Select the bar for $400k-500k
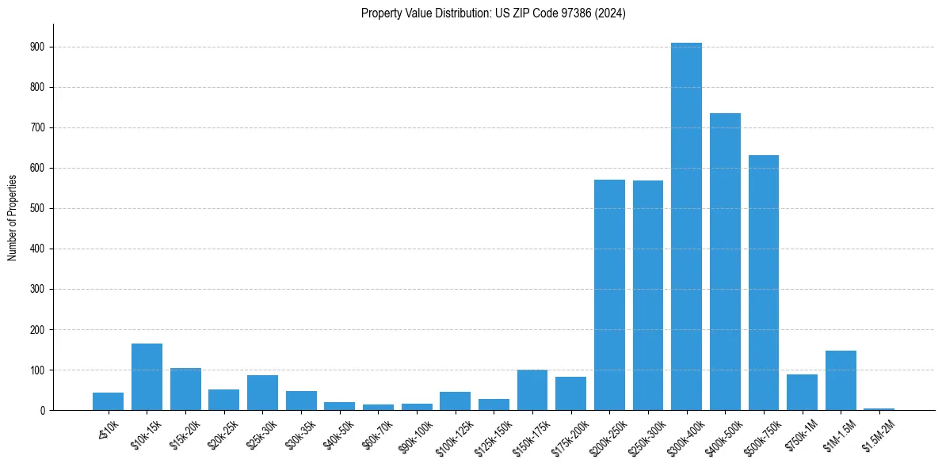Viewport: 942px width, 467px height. [725, 261]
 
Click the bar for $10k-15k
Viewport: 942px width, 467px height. [147, 377]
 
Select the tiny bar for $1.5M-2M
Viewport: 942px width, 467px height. [879, 408]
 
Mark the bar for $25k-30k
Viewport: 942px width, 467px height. [262, 393]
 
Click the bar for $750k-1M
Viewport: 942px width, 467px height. [802, 393]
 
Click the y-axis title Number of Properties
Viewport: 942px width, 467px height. [13, 217]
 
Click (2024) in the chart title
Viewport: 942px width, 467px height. [612, 13]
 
